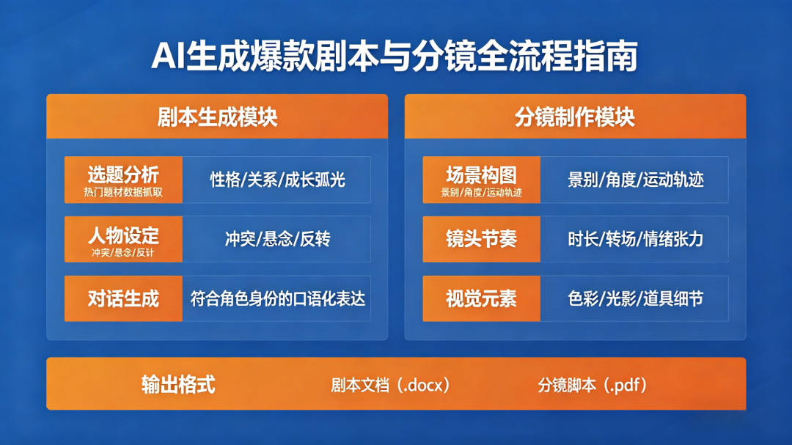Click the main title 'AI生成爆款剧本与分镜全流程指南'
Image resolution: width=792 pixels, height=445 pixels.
point(395,56)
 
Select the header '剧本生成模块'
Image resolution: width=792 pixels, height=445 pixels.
point(217,117)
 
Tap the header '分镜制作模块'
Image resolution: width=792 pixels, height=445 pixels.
point(575,117)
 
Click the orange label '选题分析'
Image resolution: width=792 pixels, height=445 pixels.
point(123,174)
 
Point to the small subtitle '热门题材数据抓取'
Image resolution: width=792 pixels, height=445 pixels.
point(123,193)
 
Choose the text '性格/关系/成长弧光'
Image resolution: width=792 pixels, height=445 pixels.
point(277,180)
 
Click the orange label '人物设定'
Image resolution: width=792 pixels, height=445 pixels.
point(123,235)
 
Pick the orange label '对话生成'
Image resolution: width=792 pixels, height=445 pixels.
point(123,298)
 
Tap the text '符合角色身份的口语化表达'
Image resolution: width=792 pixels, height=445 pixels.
point(277,298)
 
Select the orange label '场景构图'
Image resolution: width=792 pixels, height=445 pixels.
point(481,175)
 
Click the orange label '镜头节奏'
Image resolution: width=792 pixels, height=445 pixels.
point(481,239)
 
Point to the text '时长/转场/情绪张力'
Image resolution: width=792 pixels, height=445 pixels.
point(635,239)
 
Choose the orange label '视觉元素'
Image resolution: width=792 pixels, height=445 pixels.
point(481,298)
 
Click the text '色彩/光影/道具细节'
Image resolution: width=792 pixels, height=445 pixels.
point(635,298)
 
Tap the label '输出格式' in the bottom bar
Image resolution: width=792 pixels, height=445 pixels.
point(178,384)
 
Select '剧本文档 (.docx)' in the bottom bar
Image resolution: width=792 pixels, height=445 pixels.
point(390,386)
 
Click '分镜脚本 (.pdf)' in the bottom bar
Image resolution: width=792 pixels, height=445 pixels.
point(592,386)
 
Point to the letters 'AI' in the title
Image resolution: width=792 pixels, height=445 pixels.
point(168,56)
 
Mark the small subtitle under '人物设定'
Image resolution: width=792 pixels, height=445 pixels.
point(123,252)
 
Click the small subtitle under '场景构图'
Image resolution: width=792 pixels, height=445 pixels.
point(481,193)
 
